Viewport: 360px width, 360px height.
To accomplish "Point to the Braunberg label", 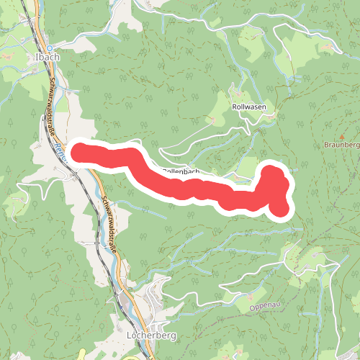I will click(x=342, y=145).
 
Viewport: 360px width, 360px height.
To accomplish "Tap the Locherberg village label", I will click(x=151, y=336).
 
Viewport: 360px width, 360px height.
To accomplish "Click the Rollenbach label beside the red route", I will click(x=181, y=171).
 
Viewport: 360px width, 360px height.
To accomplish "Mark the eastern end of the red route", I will click(x=279, y=208).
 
